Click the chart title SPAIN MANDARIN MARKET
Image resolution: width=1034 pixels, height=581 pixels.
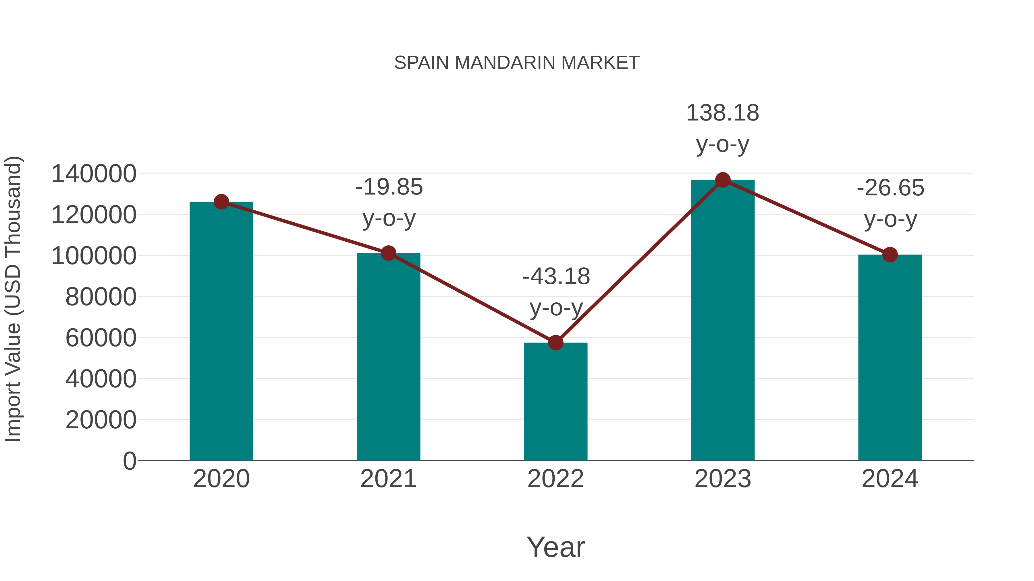[517, 63]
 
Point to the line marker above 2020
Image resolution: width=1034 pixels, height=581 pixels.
[221, 202]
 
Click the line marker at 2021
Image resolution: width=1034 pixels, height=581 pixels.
[388, 253]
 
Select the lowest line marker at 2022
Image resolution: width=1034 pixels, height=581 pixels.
[555, 343]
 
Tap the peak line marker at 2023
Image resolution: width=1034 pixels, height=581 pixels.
[723, 180]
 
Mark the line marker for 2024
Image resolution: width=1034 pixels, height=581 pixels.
[890, 254]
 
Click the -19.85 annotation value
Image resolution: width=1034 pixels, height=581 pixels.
[389, 187]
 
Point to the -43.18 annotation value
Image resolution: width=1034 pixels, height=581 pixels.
[556, 277]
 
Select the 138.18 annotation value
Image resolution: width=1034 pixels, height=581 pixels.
[723, 113]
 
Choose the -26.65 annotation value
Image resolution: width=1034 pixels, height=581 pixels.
[890, 188]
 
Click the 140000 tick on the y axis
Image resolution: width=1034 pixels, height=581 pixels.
[94, 174]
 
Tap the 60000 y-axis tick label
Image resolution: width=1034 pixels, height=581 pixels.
[101, 338]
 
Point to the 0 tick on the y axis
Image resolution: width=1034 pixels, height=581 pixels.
[129, 461]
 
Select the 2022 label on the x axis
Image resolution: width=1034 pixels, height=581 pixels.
[555, 479]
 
